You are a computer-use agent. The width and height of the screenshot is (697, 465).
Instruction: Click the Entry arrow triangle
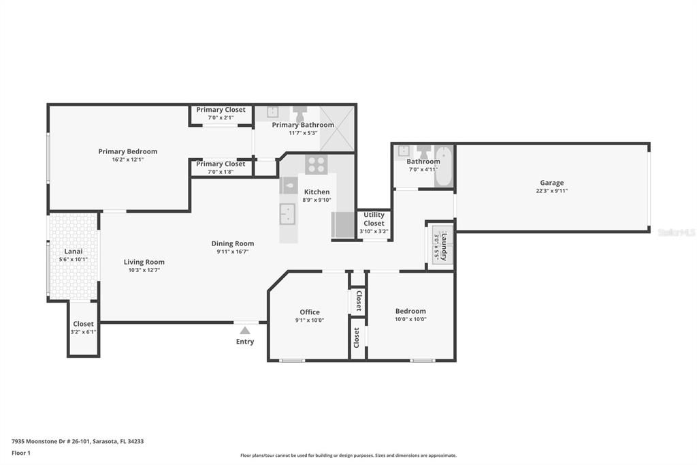tap(244, 330)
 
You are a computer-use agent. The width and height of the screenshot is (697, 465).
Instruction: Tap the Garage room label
tap(551, 183)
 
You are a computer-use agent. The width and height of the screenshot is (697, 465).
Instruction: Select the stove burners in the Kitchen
tap(316, 164)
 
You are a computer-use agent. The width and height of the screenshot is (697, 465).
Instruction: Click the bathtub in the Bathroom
tap(443, 166)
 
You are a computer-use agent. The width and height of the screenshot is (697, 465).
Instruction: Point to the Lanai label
tap(74, 251)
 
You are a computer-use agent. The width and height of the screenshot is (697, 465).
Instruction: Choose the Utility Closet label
tap(374, 219)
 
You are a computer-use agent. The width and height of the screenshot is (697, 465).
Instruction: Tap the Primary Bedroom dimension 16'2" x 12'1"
tap(127, 160)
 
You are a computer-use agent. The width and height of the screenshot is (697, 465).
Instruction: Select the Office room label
tap(310, 312)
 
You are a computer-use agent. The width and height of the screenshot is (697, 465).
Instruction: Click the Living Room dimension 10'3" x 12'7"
tap(144, 270)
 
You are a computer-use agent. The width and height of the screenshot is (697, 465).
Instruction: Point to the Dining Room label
tap(233, 243)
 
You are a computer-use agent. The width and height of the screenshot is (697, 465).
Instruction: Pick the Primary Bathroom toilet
tap(299, 112)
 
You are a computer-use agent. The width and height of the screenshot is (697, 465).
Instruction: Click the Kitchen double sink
tap(288, 213)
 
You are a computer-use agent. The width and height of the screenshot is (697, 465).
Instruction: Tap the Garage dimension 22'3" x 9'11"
tap(551, 191)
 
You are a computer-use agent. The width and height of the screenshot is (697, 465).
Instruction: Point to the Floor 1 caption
tap(21, 453)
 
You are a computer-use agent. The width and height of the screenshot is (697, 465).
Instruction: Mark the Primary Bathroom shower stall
tap(338, 128)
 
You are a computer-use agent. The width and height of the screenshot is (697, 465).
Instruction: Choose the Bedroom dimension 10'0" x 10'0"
tap(410, 319)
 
